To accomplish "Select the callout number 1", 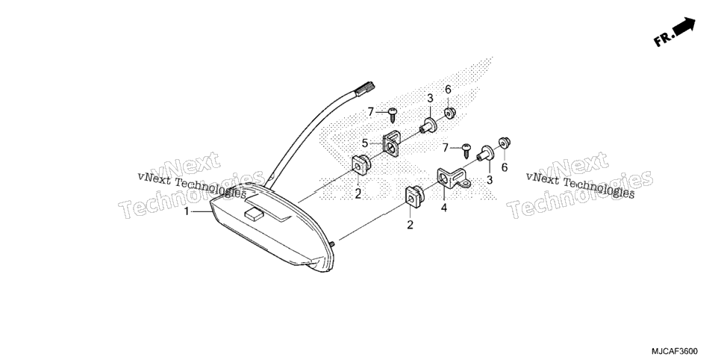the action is tap(187, 211).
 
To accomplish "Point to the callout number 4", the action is tap(444, 208).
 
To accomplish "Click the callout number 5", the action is tap(364, 143).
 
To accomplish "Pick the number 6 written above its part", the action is tap(448, 89).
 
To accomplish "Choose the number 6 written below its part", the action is tap(505, 167).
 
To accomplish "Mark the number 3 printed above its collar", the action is tap(430, 98).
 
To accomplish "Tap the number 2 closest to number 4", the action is tap(410, 225).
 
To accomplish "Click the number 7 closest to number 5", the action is tap(371, 111).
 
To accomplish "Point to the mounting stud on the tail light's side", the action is tap(331, 243).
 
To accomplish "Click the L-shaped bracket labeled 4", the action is tap(453, 179).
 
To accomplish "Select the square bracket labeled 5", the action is tap(391, 143).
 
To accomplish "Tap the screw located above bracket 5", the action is tap(393, 114).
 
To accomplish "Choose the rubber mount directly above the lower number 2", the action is tap(413, 196).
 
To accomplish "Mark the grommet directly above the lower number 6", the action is tap(505, 143).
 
